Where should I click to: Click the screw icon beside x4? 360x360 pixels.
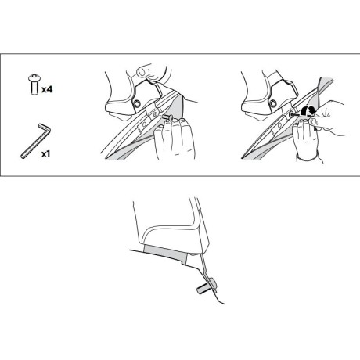point(34,85)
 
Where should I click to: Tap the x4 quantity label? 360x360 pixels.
point(47,89)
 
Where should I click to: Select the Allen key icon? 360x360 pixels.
point(35,141)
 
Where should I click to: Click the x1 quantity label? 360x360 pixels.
point(45,154)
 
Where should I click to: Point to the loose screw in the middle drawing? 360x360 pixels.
point(167,118)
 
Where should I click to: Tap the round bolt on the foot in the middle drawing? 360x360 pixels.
point(136,104)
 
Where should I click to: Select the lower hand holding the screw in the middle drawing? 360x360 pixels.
point(175,139)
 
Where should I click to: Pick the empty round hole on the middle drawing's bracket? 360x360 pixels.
point(142,124)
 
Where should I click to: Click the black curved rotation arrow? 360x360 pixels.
point(308,111)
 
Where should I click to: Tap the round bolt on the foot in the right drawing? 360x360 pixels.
point(273,103)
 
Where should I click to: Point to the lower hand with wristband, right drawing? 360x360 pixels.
point(308,141)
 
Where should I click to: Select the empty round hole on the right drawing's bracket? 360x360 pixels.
point(279,125)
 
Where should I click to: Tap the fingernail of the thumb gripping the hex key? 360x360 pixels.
point(314,121)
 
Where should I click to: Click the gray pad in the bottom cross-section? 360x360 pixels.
point(166,253)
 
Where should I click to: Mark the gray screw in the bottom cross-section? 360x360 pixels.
point(206,286)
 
